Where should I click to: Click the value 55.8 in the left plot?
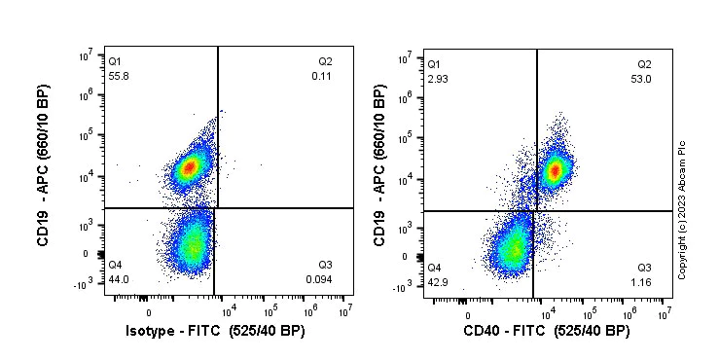119,75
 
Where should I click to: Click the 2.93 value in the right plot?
437,78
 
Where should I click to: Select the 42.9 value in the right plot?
437,282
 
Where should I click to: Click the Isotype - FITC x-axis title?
228,332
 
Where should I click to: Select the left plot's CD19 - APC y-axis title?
43,165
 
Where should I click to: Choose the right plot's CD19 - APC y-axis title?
380,167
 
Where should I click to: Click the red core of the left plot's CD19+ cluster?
190,167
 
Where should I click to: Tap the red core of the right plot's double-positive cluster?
556,171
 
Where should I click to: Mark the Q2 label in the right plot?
643,64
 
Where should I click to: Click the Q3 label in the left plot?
325,265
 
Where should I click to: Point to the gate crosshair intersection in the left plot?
217,208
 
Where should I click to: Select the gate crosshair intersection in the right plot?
536,211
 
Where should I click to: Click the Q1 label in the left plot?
115,61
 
